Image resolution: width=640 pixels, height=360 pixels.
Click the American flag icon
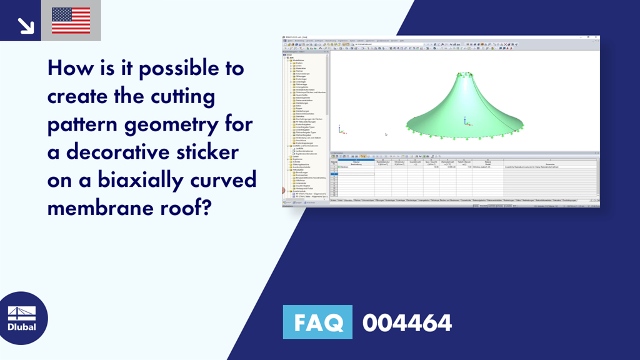pos(71,21)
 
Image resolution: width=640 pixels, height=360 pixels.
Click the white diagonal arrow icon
pos(25,25)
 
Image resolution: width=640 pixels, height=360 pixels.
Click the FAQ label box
pos(317,322)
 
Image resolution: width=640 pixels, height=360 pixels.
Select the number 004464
pos(407,322)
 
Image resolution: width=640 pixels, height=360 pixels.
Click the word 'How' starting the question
pos(67,69)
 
